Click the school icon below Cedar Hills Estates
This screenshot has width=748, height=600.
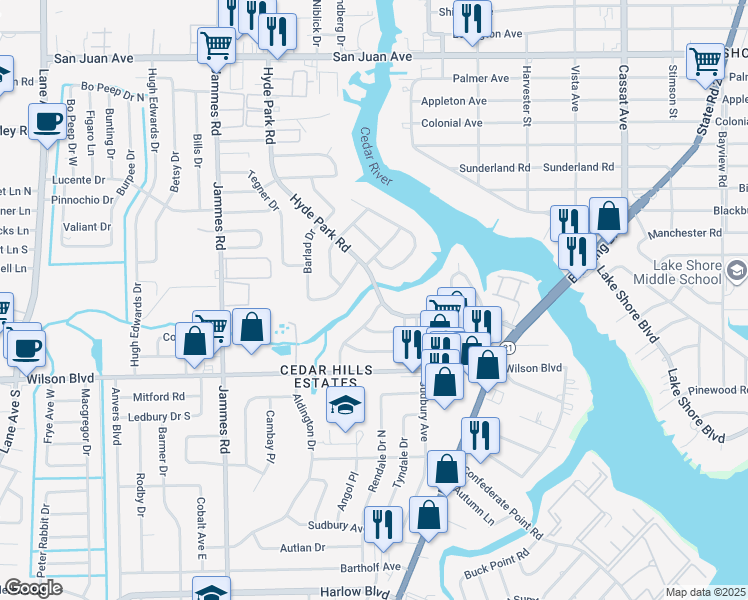click(x=345, y=405)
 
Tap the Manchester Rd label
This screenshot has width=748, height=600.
click(x=683, y=233)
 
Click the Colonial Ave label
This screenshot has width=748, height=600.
click(x=452, y=124)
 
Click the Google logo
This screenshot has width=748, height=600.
click(x=32, y=588)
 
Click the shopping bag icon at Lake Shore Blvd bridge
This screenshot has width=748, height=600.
click(x=607, y=216)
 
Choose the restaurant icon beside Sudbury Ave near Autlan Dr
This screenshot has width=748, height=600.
click(x=383, y=523)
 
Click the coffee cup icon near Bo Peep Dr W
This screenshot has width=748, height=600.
click(x=46, y=123)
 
